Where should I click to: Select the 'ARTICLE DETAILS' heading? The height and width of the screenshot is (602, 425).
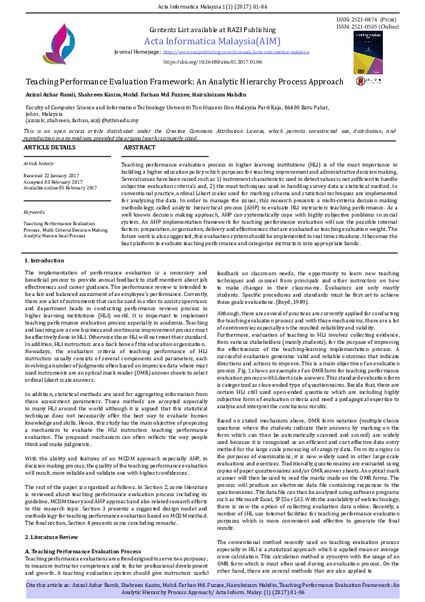[x=50, y=147]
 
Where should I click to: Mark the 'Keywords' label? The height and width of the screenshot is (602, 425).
[x=34, y=212]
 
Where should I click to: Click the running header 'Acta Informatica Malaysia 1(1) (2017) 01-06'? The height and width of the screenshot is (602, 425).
[x=212, y=6]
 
